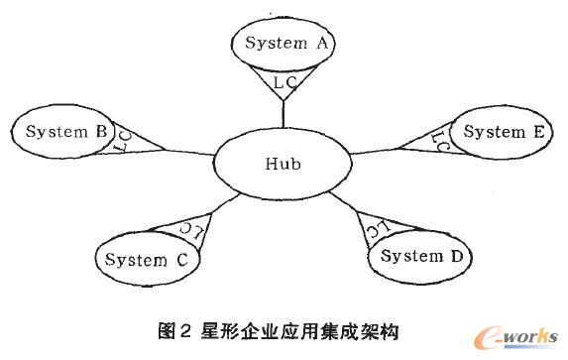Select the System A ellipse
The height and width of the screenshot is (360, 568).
284,45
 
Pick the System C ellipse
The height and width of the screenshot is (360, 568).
147,260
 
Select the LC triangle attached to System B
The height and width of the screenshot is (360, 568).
126,140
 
